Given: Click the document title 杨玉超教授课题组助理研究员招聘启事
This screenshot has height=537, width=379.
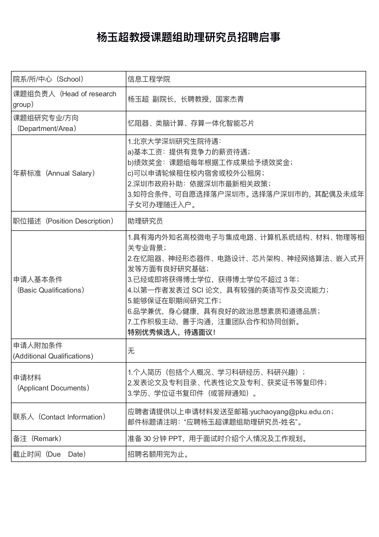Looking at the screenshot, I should tap(189, 38).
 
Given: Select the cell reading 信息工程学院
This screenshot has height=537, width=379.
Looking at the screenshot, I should tap(149, 79).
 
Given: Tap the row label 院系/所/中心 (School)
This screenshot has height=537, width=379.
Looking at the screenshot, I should tap(48, 79).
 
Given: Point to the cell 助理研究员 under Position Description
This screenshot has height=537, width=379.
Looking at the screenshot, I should tap(145, 221).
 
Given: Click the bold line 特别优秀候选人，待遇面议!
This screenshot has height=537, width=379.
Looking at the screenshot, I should tap(171, 332).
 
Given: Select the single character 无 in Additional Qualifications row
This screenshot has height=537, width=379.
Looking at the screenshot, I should tap(131, 351).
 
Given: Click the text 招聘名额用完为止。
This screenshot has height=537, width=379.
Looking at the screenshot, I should tap(159, 454).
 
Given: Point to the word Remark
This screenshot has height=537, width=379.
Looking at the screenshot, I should tap(47, 439).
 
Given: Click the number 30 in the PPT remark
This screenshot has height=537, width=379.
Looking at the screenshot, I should tap(147, 439).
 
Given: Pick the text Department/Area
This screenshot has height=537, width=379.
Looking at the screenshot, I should tap(47, 128).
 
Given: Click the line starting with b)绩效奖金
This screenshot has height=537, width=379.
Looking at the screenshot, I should tap(210, 163).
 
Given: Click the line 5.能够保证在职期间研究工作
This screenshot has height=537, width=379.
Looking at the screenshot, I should tap(175, 301).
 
